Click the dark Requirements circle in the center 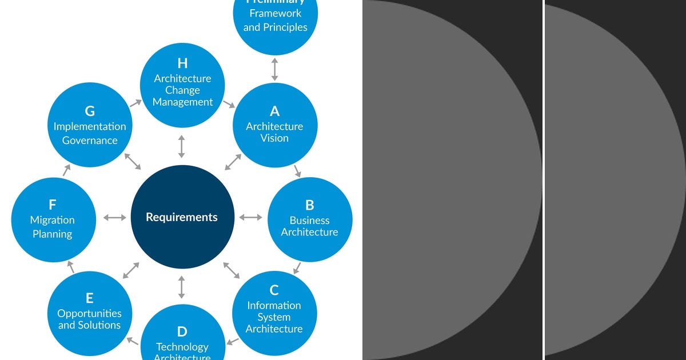coord(182,217)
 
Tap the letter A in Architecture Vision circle coord(274,111)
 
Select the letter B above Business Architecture coord(309,205)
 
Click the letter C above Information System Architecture coord(274,290)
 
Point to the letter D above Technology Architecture coord(182,331)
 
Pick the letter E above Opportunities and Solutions coord(89,298)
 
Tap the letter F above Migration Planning coord(52,205)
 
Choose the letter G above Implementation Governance coord(90,111)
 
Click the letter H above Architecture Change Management coord(182,63)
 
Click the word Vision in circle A coord(274,138)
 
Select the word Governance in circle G coord(90,141)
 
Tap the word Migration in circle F coord(52,220)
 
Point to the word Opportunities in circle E coord(89,313)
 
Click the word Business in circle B coord(309,220)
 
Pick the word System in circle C coord(274,317)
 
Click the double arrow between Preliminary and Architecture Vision coord(274,69)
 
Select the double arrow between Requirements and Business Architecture coord(250,217)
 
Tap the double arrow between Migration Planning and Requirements coord(115,217)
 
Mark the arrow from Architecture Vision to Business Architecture coord(297,170)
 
